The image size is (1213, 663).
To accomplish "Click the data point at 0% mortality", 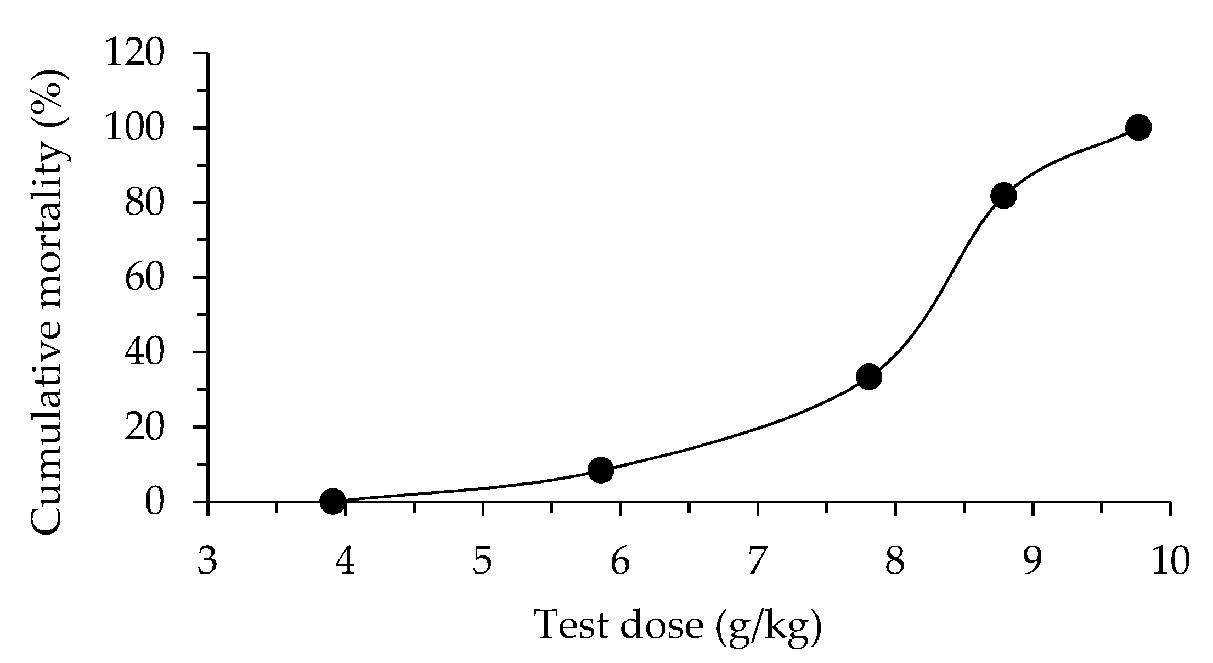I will (332, 501).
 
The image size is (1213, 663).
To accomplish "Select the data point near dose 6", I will (601, 470).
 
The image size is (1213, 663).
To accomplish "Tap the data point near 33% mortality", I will (869, 377).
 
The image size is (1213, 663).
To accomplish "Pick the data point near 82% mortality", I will (1003, 195).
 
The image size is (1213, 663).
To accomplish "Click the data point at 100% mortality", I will (1138, 127).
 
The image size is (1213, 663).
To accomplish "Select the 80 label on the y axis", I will (144, 203).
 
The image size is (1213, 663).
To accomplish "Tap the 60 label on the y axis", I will (144, 278).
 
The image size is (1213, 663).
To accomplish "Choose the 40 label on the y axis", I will (144, 352).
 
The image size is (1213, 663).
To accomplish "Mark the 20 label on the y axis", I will (144, 427).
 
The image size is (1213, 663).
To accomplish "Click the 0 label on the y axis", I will (155, 502).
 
